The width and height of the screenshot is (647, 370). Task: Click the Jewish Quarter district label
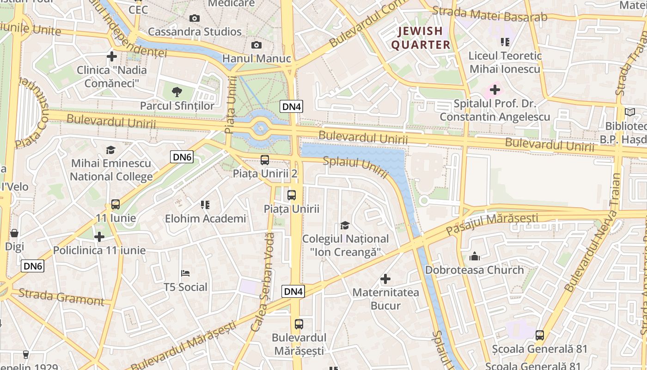click(x=421, y=38)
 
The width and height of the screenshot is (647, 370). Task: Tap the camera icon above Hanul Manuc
click(x=256, y=45)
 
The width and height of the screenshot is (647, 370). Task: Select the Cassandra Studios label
click(x=195, y=32)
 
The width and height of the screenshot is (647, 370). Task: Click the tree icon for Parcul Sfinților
click(x=177, y=92)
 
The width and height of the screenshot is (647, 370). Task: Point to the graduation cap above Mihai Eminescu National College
click(x=110, y=150)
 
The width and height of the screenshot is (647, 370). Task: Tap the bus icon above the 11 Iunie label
click(x=116, y=204)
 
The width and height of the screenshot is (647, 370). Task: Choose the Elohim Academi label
click(x=206, y=219)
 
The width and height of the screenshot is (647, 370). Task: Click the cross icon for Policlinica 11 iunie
click(x=99, y=237)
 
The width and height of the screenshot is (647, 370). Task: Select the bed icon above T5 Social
click(x=185, y=273)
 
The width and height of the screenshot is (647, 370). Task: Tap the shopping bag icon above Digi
click(x=14, y=233)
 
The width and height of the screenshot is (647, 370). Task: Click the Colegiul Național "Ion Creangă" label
click(x=345, y=246)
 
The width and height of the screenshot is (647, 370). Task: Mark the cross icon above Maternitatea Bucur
click(x=385, y=279)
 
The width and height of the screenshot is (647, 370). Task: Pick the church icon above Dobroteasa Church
click(x=475, y=256)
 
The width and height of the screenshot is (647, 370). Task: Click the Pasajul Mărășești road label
click(x=492, y=224)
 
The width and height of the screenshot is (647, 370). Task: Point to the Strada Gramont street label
click(x=61, y=297)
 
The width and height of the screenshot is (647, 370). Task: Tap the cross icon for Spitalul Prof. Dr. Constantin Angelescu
click(x=495, y=90)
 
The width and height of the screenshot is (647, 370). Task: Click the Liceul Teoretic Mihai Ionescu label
click(x=504, y=62)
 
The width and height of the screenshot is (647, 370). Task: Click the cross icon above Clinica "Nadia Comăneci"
click(x=111, y=56)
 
